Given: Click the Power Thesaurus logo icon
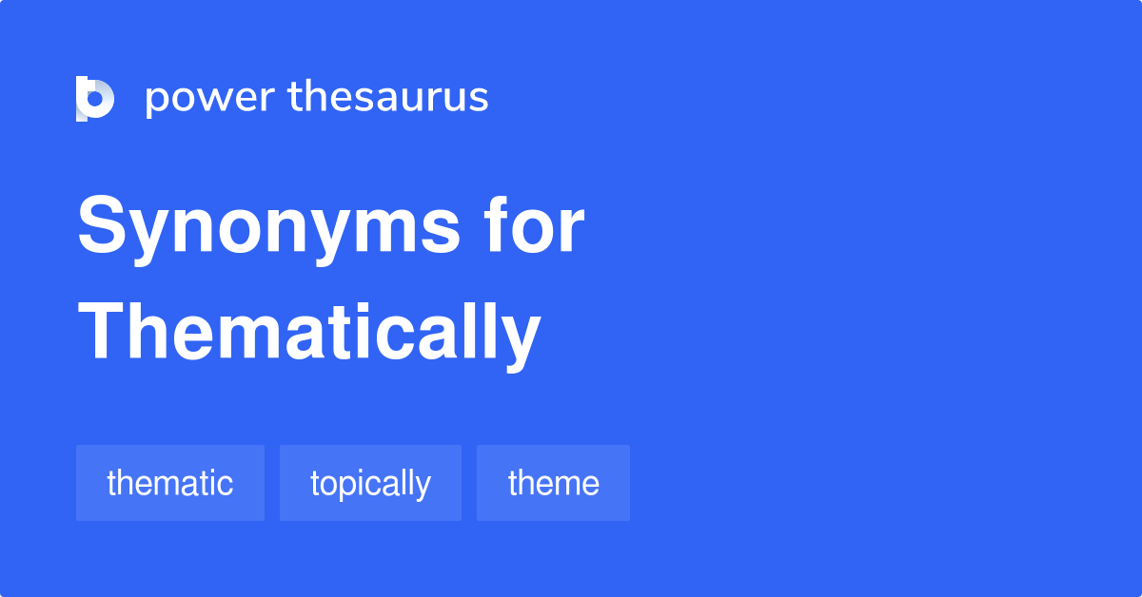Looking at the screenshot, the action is [95, 99].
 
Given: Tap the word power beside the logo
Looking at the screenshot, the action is [210, 99].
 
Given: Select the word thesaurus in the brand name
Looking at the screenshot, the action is [388, 96].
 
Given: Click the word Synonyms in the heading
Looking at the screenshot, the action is [268, 229].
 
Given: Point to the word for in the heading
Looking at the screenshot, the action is [534, 224].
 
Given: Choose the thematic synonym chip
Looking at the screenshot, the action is [170, 483].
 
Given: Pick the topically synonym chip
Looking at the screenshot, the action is [370, 483].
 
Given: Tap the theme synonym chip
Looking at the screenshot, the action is [553, 483].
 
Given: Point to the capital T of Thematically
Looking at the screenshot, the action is [103, 331].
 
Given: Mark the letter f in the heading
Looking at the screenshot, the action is [499, 224].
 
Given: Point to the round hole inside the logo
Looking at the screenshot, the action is [95, 99].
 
